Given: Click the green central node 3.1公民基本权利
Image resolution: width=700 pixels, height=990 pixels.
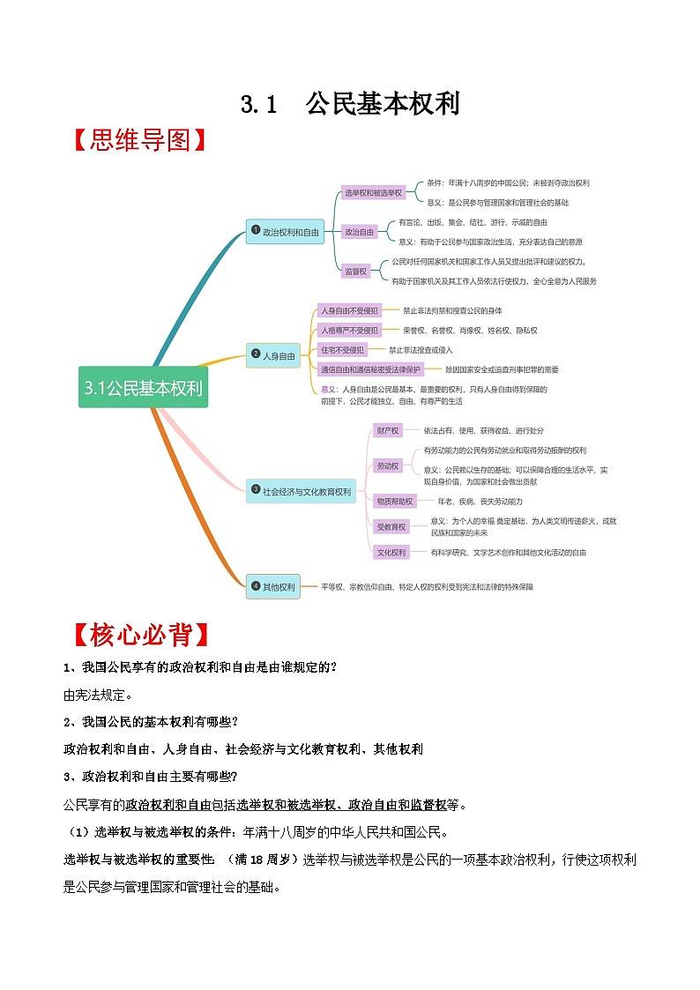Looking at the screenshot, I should [x=144, y=387].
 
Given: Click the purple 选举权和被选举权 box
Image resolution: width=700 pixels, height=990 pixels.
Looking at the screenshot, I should [x=373, y=192].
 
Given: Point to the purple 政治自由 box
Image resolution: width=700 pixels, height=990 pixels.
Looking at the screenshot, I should [x=360, y=232].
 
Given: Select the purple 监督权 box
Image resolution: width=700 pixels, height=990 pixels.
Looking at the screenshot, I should [x=356, y=272].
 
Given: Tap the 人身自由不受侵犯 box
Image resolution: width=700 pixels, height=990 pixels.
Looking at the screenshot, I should [x=349, y=310].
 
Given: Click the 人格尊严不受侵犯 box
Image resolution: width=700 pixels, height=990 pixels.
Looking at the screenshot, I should [x=349, y=330].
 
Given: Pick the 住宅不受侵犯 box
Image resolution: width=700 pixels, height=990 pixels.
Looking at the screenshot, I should [x=342, y=350].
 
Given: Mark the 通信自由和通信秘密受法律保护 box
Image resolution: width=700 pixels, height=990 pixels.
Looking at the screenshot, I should [x=371, y=369].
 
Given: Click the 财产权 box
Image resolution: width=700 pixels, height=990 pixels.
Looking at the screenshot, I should [x=388, y=431].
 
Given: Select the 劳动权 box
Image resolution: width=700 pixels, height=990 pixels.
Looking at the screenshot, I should [x=388, y=465].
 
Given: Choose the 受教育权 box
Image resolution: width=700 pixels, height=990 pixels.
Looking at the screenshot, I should [x=391, y=526].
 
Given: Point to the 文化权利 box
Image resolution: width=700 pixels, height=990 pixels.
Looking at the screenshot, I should [x=391, y=552].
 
